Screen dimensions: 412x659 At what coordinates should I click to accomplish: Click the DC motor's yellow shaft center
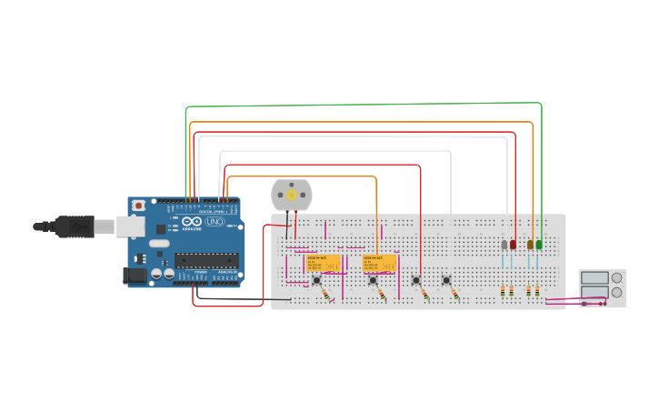click(292, 195)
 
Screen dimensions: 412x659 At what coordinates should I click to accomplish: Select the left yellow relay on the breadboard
click(323, 263)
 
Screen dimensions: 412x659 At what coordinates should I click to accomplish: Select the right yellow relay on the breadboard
click(380, 263)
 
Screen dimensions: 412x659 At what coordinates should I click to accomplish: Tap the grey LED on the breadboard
click(504, 245)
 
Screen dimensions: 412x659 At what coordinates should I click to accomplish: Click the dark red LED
click(513, 245)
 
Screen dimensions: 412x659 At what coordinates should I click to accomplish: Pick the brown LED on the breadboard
click(530, 245)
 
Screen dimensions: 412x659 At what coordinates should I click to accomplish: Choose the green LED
click(539, 245)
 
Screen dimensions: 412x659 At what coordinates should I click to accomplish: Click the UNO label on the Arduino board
click(215, 222)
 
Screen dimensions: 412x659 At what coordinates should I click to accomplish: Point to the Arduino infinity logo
click(192, 222)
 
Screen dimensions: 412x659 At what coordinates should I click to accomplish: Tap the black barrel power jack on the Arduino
click(135, 274)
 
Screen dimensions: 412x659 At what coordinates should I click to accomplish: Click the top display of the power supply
click(594, 277)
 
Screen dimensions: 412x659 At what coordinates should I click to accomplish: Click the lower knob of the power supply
click(617, 292)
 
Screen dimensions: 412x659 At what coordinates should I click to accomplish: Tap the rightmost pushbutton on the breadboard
click(446, 281)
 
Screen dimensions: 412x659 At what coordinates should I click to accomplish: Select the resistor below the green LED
click(537, 291)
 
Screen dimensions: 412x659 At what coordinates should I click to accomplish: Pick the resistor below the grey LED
click(503, 291)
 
